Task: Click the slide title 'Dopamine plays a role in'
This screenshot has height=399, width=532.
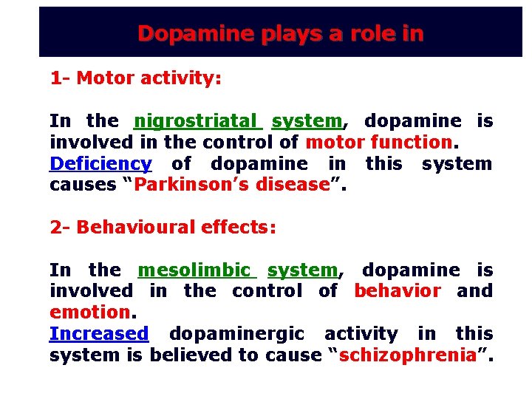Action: tap(280, 33)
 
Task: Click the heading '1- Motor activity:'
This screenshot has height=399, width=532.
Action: tap(135, 78)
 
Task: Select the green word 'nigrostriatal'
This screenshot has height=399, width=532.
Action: tap(197, 120)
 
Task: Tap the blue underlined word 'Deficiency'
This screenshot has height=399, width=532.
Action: tap(100, 163)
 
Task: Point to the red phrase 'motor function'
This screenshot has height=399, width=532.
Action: tap(389, 142)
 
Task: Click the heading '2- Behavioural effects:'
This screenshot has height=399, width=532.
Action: tap(163, 228)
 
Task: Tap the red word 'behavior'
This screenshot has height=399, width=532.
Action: tap(398, 291)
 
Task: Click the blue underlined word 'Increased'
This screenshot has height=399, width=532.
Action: tap(99, 334)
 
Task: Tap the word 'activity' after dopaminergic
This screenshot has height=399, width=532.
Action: tap(361, 334)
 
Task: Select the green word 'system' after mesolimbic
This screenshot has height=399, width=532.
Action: tap(302, 270)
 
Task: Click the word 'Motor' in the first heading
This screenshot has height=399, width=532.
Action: tap(105, 78)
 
